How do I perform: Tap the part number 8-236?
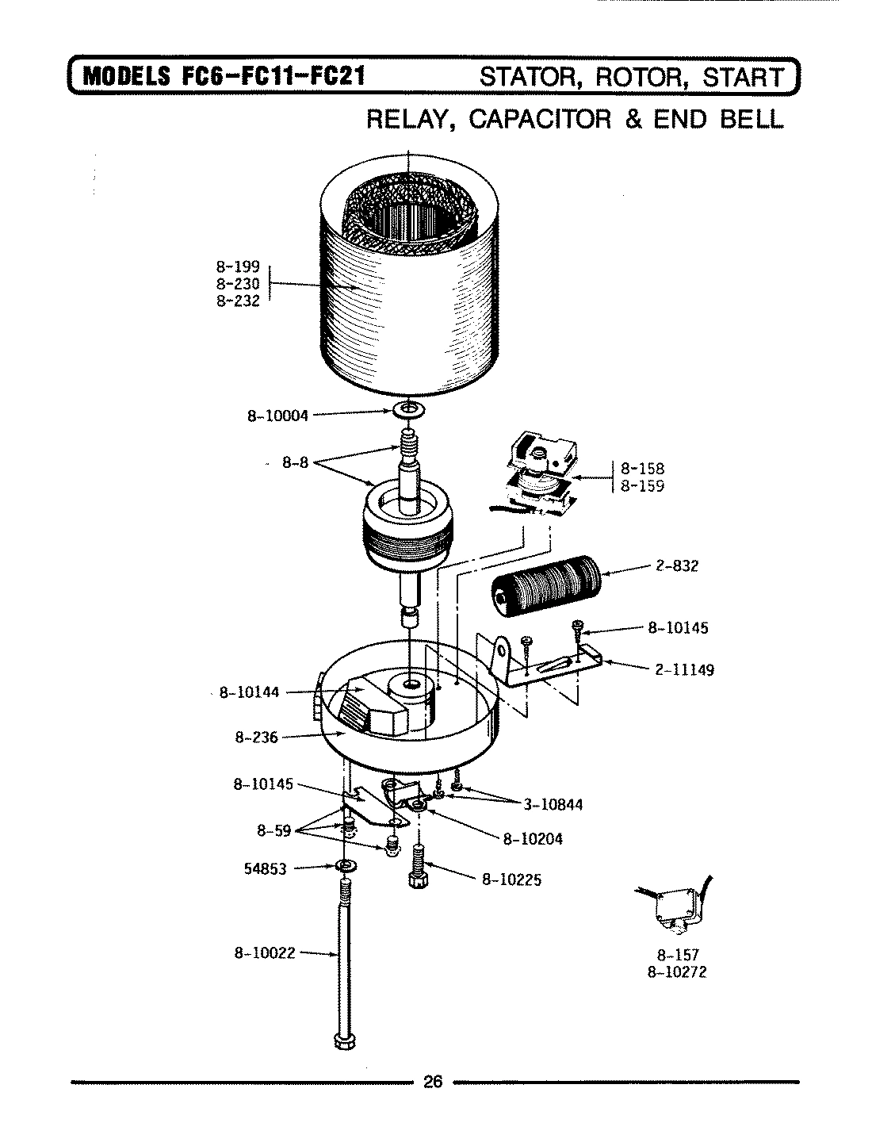pos(256,738)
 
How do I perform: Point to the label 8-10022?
pos(264,953)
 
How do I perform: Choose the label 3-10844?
pos(553,804)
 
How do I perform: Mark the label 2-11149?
pos(684,669)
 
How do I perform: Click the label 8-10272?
pos(676,971)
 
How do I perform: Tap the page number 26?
pos(433,1083)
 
